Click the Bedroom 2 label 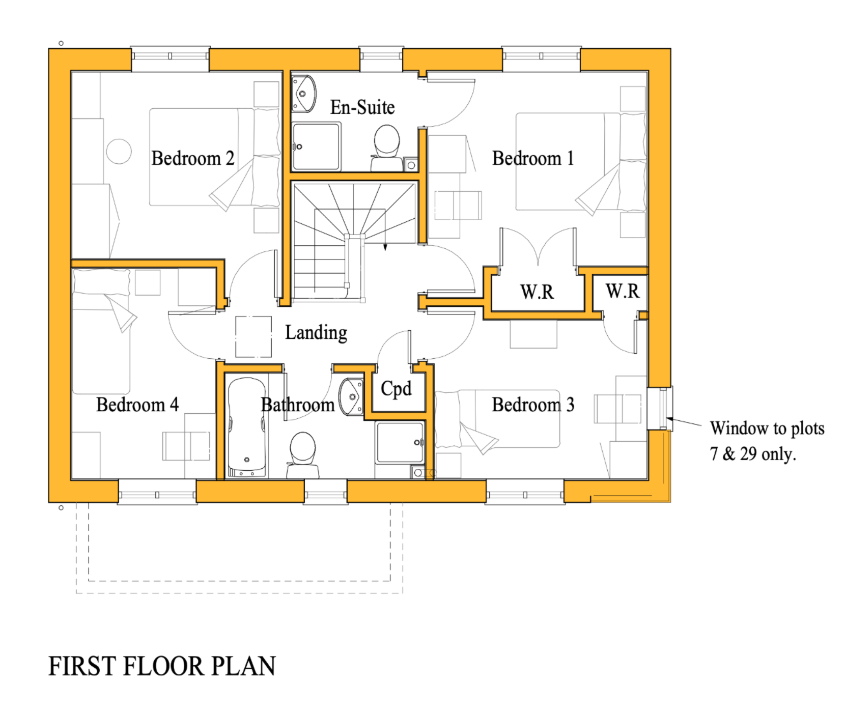(193, 158)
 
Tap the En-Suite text (362, 107)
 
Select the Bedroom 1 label (533, 158)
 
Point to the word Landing (316, 333)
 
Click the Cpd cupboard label (396, 389)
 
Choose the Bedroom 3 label (533, 404)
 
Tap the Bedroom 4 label (137, 404)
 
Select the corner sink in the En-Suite (304, 94)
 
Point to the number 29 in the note (748, 454)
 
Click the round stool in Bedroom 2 (119, 151)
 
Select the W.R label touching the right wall (623, 291)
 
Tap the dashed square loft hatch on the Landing (253, 337)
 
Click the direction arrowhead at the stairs (386, 247)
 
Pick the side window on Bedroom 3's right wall (660, 409)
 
